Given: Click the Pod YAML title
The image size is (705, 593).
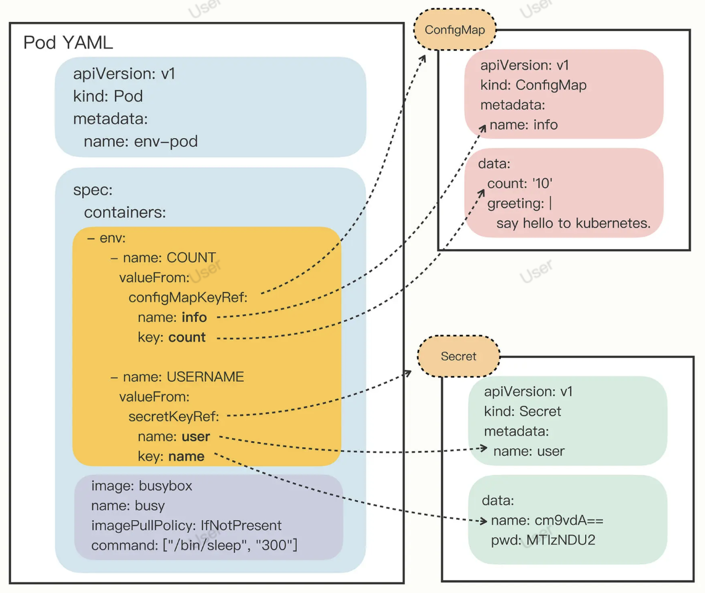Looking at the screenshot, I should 68,43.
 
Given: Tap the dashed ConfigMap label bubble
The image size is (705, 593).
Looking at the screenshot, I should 455,30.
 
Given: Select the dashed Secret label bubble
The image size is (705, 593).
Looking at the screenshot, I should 459,357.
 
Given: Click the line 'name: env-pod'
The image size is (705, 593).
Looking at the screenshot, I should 140,141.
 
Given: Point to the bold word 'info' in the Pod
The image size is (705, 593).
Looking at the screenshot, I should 194,317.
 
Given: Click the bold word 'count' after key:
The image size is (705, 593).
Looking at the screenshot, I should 187,337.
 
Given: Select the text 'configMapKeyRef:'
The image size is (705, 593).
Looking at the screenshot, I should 188,298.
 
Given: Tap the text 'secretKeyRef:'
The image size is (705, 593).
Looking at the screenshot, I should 173,417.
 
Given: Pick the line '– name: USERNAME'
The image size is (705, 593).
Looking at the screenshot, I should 177,377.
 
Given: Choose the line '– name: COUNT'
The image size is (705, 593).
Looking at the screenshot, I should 163,258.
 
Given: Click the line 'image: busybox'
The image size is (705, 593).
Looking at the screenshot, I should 141,486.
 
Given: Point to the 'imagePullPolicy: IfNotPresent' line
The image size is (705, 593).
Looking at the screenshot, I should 186,526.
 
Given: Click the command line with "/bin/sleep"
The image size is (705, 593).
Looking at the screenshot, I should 194,546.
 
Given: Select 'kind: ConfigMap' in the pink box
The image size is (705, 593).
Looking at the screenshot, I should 533,85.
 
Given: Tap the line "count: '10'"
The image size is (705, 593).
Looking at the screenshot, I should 519,183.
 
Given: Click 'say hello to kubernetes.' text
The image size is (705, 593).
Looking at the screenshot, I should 573,223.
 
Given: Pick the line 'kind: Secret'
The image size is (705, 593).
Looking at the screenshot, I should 522,411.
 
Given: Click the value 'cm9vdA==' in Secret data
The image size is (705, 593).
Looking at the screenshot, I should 569,521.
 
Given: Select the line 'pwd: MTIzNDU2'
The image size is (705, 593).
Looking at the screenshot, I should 543,541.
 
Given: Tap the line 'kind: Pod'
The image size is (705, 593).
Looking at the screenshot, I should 108,96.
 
